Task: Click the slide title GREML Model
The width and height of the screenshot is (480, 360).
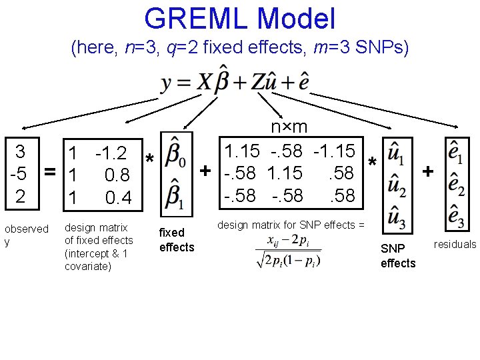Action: click(239, 19)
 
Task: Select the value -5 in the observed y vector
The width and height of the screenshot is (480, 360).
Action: click(19, 175)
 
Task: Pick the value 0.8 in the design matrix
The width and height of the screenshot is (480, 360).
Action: click(117, 176)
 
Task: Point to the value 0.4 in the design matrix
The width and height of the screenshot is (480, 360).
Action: click(119, 198)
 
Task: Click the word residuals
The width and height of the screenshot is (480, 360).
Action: click(455, 244)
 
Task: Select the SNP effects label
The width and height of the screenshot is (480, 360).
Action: click(398, 255)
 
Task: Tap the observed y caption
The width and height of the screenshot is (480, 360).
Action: click(26, 235)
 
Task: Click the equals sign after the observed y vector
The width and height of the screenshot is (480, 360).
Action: click(49, 173)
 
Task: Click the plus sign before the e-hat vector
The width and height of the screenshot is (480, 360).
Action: click(427, 172)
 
